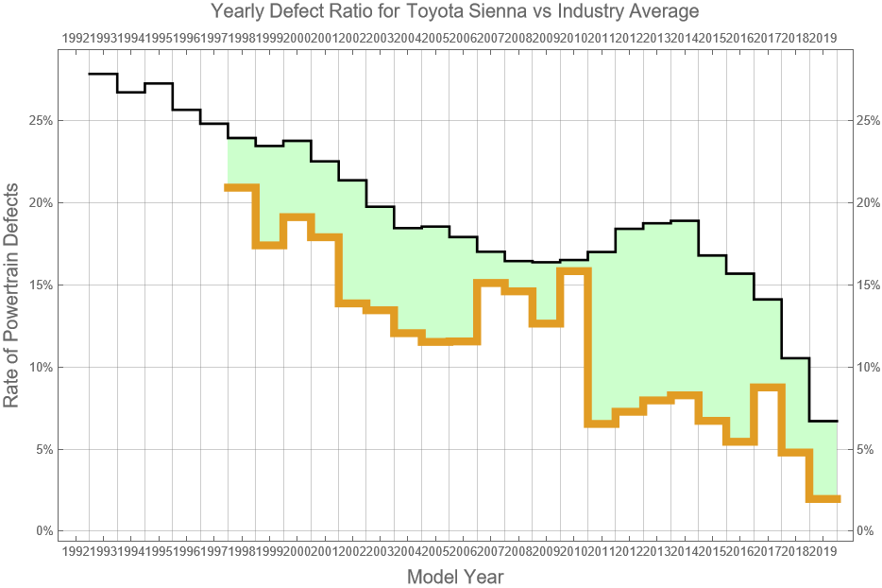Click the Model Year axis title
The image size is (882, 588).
click(455, 577)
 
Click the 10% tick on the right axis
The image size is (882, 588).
click(869, 367)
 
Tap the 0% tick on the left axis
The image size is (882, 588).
click(42, 531)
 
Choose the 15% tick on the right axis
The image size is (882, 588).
click(869, 285)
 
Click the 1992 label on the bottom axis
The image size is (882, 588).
click(76, 550)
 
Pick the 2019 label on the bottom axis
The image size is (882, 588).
click(823, 550)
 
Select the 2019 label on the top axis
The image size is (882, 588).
click(823, 38)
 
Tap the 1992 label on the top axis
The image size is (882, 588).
click(76, 38)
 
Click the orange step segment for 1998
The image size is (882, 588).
click(242, 187)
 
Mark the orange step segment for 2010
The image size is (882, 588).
click(573, 270)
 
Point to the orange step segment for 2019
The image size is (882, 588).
click(823, 499)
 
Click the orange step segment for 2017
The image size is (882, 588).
click(768, 387)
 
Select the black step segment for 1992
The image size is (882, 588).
click(103, 74)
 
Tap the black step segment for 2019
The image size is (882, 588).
click(823, 421)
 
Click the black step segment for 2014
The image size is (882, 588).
click(685, 221)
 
